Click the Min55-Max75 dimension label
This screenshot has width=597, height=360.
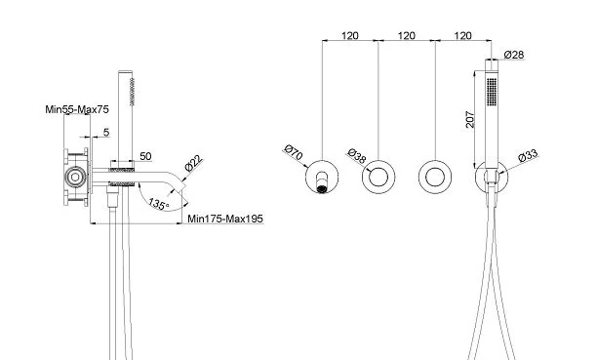pos(77,109)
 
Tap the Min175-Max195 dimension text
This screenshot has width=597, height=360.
pos(225,220)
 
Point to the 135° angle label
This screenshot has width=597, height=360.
pos(159,204)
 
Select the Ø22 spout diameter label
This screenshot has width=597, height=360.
pos(194,164)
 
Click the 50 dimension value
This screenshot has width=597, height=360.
pos(145,156)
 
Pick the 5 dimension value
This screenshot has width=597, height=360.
pos(106,132)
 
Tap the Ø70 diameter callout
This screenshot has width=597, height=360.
pos(294,152)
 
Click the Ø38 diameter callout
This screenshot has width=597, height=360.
pos(357,156)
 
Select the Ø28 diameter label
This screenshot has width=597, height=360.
pos(514,55)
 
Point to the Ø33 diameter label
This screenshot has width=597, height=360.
pos(529,155)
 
